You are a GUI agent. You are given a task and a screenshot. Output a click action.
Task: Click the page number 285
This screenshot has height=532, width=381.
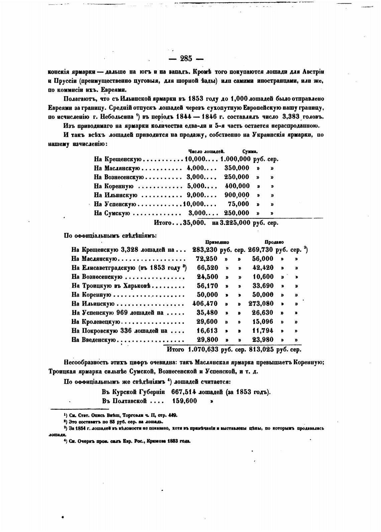tap(186, 59)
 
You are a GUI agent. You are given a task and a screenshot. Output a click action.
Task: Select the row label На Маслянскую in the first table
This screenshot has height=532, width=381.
tap(117, 168)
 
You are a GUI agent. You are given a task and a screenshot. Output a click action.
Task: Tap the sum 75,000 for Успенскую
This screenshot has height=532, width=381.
tap(238, 204)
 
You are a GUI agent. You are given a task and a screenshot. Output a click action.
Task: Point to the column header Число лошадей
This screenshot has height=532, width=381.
tap(206, 152)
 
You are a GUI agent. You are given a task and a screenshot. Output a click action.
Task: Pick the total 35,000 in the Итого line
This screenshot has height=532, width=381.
tap(194, 223)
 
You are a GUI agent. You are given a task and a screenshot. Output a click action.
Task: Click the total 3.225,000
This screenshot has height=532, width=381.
tap(235, 223)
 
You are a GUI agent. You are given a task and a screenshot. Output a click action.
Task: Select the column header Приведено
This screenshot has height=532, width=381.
tap(217, 242)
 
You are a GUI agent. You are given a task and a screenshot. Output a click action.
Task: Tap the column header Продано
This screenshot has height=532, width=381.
tap(274, 242)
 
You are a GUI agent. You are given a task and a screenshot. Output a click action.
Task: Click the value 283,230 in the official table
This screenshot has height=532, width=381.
tap(205, 250)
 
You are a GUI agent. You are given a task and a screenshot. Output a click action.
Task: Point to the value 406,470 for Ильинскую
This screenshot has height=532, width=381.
tap(205, 304)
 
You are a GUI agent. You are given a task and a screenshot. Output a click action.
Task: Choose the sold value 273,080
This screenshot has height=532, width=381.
tap(261, 304)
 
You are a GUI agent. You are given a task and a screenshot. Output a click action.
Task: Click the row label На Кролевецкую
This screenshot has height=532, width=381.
tap(96, 322)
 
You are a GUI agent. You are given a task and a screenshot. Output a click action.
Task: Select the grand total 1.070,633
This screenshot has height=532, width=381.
tap(203, 350)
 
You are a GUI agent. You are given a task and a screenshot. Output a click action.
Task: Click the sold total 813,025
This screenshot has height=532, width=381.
tap(261, 350)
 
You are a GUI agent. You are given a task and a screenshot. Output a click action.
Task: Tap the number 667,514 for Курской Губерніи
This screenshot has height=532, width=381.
tap(187, 392)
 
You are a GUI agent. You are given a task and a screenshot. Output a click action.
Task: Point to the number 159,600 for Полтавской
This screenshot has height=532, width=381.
tap(184, 401)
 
